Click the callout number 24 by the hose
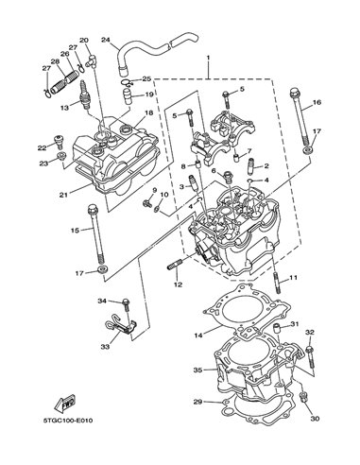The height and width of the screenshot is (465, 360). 106,40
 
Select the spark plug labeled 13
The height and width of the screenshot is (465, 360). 85,94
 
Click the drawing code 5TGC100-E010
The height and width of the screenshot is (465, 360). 68,421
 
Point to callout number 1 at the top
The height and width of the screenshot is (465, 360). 208,58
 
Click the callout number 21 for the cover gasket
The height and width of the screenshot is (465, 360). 63,195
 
